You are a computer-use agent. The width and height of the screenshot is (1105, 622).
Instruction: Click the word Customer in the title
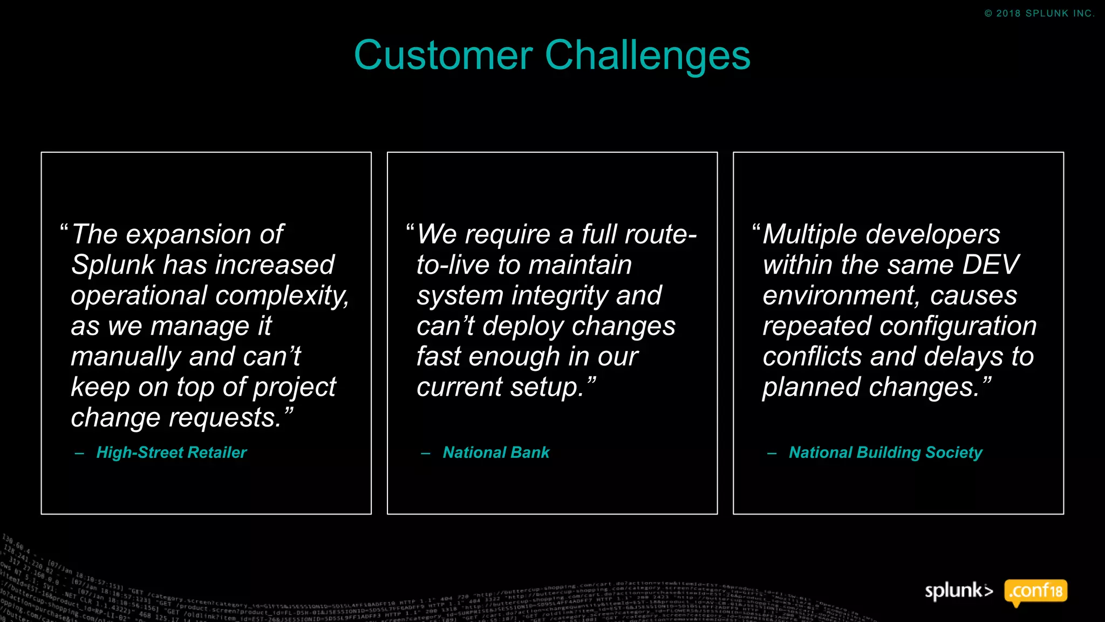click(443, 55)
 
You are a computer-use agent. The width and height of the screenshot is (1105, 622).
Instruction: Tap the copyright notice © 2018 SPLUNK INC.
click(1039, 13)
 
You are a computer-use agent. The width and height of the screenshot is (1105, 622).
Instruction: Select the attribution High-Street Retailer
click(171, 452)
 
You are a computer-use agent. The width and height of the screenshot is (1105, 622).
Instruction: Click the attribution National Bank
click(496, 452)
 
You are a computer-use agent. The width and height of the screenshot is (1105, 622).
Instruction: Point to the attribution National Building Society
click(885, 452)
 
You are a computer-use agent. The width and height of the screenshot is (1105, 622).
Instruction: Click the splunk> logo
click(959, 591)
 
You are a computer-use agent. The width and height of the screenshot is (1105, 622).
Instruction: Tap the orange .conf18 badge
click(1035, 591)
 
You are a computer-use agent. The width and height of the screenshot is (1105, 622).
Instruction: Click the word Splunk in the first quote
click(113, 265)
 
